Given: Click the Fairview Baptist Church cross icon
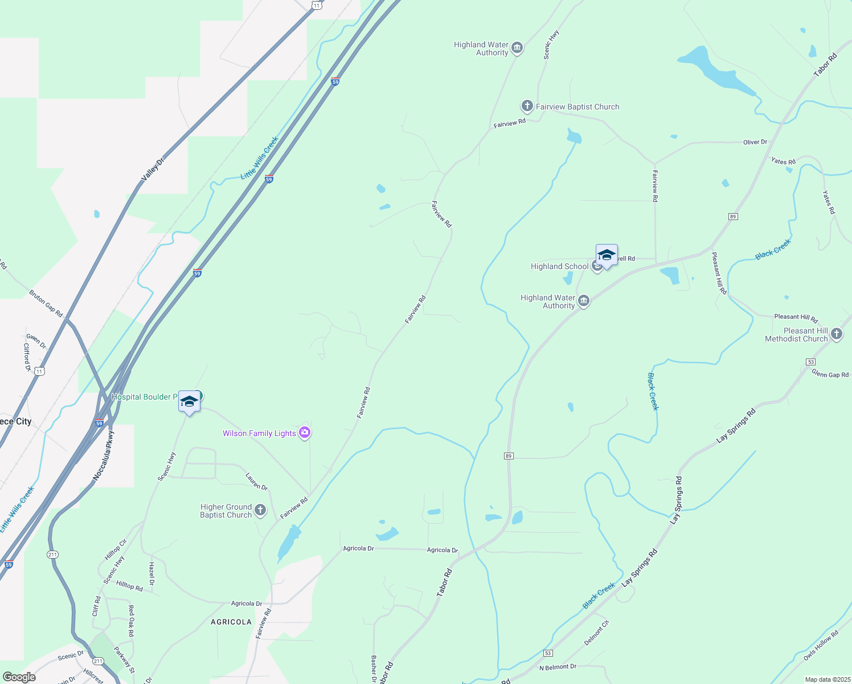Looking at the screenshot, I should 527,106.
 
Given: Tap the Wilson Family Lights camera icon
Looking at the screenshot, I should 305,433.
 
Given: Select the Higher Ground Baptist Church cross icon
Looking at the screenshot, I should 260,510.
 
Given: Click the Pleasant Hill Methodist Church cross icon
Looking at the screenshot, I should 836,335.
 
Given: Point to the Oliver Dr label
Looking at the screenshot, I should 755,142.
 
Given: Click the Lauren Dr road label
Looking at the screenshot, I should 256,482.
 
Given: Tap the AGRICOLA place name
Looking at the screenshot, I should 231,622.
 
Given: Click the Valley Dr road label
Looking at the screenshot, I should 152,170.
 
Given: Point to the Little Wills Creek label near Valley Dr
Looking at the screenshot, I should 260,158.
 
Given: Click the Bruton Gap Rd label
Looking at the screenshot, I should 46,303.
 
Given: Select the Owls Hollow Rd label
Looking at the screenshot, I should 821,646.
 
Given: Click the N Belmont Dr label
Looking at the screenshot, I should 558,667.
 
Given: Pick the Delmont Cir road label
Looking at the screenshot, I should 596,633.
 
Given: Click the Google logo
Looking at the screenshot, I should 19,677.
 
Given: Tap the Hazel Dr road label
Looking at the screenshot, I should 151,573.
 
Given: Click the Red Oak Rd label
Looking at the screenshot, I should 131,621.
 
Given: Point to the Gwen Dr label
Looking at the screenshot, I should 36,340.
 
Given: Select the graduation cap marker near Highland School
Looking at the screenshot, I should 607,255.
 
